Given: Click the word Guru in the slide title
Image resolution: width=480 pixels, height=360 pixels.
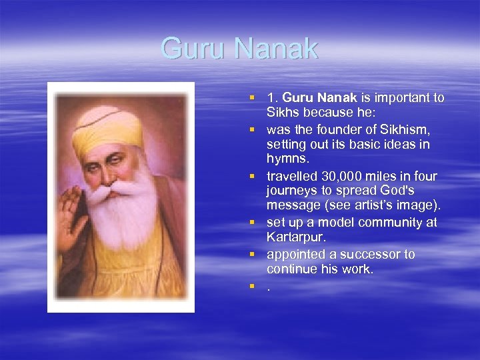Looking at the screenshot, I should pyautogui.click(x=190, y=49).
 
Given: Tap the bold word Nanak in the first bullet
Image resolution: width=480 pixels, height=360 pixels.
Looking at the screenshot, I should pyautogui.click(x=339, y=98).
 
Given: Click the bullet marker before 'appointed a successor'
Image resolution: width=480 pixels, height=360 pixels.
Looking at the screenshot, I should pyautogui.click(x=253, y=255).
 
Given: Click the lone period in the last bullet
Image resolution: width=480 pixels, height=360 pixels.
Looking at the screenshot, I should pyautogui.click(x=269, y=288).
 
